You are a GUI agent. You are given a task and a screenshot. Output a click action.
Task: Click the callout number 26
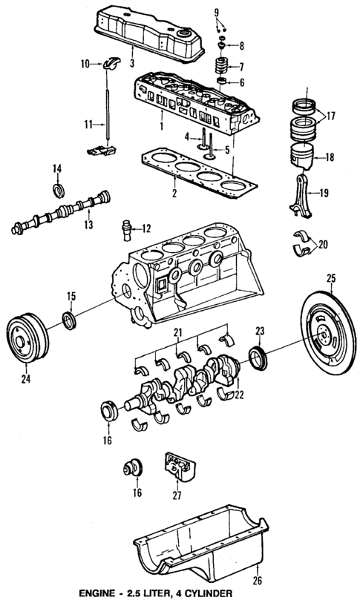[258, 581]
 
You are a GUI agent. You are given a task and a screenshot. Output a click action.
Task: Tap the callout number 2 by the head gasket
[173, 194]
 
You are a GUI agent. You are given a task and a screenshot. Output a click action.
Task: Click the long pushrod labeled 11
[110, 111]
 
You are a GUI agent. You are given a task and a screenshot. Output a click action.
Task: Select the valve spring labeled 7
[220, 67]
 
